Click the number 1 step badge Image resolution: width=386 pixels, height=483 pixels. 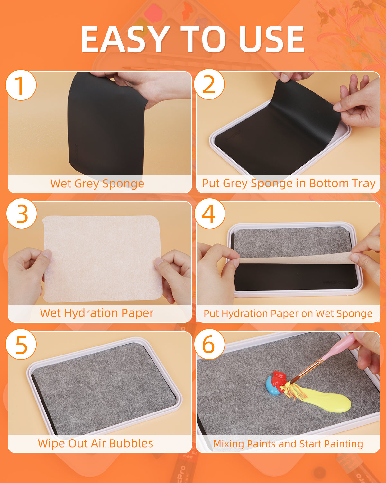(x=21, y=85)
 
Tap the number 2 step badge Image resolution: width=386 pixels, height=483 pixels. (x=209, y=84)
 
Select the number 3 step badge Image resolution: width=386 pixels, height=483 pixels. (x=22, y=213)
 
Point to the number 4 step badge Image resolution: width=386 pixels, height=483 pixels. (x=210, y=213)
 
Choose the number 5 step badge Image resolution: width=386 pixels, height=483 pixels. (x=21, y=344)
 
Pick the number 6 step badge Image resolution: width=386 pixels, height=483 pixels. (x=209, y=344)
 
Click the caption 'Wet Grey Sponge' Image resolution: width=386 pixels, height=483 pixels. (x=97, y=184)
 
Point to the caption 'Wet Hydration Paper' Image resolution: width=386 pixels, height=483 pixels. (x=97, y=313)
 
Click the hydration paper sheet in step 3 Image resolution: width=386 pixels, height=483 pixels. (x=102, y=259)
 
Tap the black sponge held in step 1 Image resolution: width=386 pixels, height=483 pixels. (x=106, y=126)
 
